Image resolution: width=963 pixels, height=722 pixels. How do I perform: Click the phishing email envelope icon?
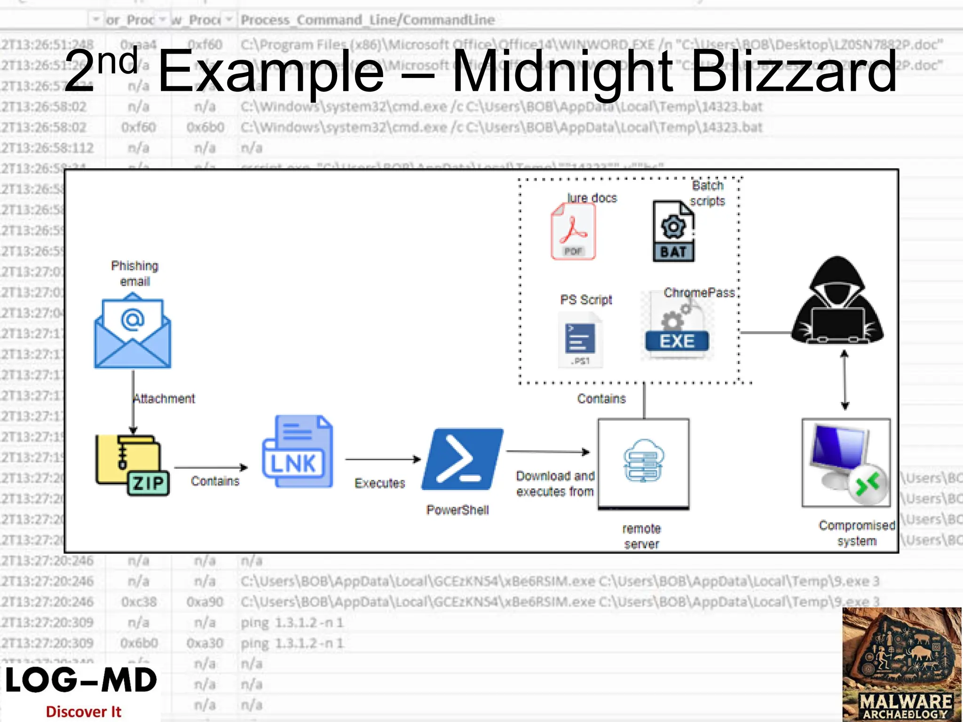133,331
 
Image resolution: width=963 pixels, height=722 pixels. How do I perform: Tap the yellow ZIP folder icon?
132,465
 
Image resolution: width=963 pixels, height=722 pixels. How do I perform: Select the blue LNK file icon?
297,451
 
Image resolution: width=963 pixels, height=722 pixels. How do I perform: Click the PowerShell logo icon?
462,460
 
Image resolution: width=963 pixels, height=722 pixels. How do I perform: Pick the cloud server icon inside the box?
643,461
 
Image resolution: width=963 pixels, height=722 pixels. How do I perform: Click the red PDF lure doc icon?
573,232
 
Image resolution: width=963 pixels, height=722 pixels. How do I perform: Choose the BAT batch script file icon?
673,231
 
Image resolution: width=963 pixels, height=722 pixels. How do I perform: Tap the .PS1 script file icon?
580,339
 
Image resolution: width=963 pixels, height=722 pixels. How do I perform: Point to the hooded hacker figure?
837,301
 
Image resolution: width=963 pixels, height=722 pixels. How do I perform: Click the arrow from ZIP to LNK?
211,467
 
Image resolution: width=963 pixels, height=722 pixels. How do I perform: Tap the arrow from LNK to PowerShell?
383,459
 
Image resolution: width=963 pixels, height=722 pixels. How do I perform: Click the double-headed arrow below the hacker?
845,380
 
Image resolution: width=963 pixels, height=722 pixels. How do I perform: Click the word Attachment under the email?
164,399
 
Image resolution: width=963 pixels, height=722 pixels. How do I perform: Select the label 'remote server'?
641,536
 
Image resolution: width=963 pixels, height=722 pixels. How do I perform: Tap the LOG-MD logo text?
81,681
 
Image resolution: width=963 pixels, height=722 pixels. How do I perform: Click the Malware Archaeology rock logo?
902,664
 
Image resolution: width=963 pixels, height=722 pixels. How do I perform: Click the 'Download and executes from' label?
555,484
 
